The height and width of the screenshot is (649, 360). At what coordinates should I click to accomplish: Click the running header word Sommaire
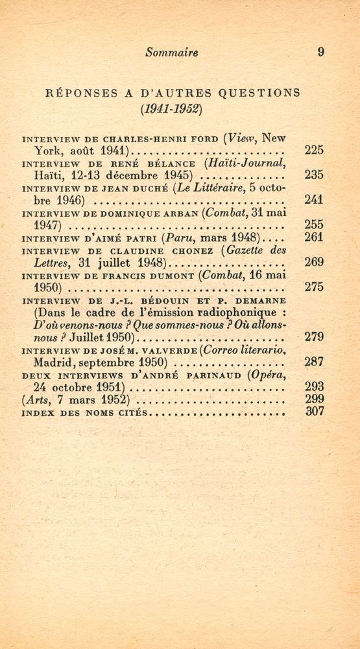click(172, 53)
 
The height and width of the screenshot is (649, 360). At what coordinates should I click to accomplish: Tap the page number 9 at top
click(320, 53)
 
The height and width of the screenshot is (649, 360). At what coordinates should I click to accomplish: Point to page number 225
click(313, 151)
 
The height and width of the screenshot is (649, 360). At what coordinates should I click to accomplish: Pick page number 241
click(313, 200)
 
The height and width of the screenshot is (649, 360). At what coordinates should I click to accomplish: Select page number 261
click(313, 238)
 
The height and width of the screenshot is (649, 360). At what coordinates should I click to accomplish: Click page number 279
click(313, 337)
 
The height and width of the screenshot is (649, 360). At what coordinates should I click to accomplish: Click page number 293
click(313, 387)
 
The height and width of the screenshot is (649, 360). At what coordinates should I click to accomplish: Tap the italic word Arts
click(36, 399)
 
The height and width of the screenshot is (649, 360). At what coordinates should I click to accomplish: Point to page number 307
click(313, 411)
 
